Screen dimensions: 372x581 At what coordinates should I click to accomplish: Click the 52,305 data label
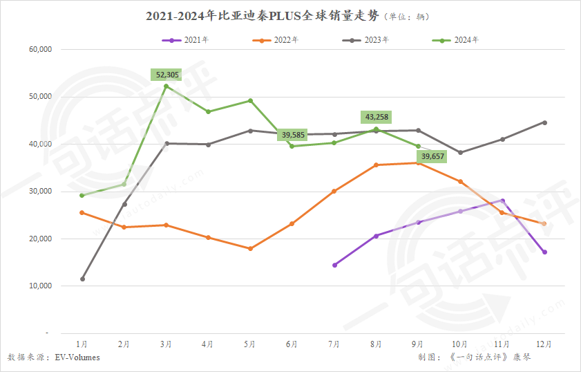[166, 74]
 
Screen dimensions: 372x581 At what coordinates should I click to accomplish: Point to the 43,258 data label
[376, 117]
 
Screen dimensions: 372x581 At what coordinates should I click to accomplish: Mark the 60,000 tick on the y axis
[41, 50]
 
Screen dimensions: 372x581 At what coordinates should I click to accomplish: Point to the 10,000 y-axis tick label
[41, 286]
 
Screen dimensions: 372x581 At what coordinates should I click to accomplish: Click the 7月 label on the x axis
[334, 344]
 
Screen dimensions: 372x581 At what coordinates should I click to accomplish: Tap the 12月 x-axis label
[544, 344]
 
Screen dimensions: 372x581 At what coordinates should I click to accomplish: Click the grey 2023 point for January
[82, 279]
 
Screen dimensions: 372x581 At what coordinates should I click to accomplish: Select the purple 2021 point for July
[334, 265]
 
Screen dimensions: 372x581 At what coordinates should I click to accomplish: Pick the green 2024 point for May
[250, 101]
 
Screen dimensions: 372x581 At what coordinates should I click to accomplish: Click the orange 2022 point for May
[250, 248]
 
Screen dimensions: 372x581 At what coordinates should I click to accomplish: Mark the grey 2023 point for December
[544, 122]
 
